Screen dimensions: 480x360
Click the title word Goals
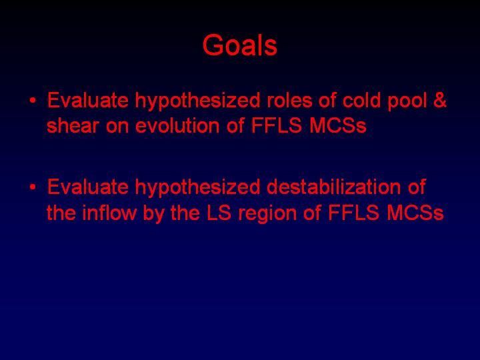240,45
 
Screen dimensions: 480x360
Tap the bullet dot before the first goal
32,101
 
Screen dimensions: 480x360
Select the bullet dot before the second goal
32,187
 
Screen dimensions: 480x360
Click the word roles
289,100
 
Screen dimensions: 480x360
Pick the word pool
407,101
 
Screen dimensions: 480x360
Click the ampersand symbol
440,100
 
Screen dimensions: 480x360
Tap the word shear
73,125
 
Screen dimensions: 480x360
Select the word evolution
177,125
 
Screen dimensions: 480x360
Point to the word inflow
109,213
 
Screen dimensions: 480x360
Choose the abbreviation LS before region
219,213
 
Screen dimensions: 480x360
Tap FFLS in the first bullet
277,125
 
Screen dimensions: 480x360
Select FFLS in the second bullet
354,213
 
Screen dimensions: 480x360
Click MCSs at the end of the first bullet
338,125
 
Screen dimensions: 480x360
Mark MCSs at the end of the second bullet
415,213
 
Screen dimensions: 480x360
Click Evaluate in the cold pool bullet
88,100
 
